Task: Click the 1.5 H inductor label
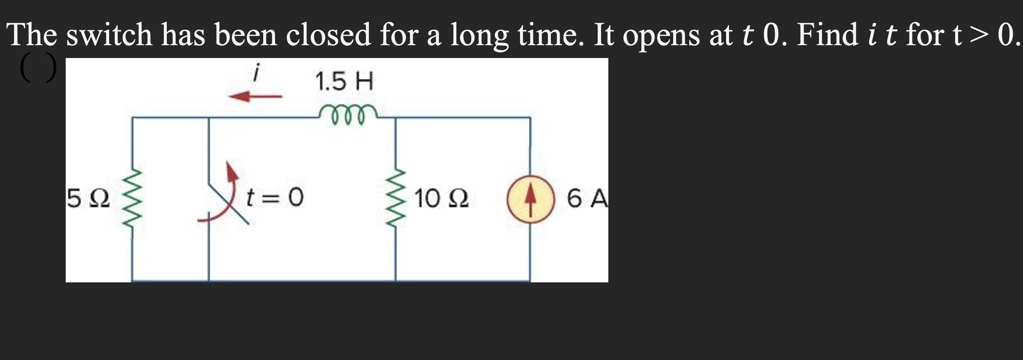(x=344, y=81)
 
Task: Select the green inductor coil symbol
(x=348, y=115)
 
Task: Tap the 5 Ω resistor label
(x=88, y=199)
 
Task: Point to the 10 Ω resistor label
(x=441, y=199)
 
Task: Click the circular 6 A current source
(x=530, y=199)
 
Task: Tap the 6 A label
(x=587, y=199)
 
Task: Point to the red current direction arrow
(x=255, y=96)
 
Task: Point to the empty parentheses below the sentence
(x=38, y=67)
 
